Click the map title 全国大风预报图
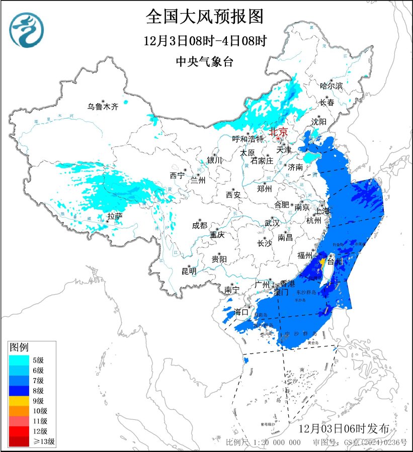pyautogui.click(x=204, y=17)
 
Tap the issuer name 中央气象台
pyautogui.click(x=204, y=62)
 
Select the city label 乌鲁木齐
pyautogui.click(x=102, y=107)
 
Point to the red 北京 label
pyautogui.click(x=278, y=132)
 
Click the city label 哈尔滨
pyautogui.click(x=331, y=86)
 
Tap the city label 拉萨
pyautogui.click(x=115, y=216)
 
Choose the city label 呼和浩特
pyautogui.click(x=247, y=139)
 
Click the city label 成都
pyautogui.click(x=199, y=226)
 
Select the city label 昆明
pyautogui.click(x=189, y=272)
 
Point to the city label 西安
pyautogui.click(x=233, y=194)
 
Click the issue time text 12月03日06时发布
pyautogui.click(x=344, y=429)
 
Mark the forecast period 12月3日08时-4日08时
pyautogui.click(x=204, y=40)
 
